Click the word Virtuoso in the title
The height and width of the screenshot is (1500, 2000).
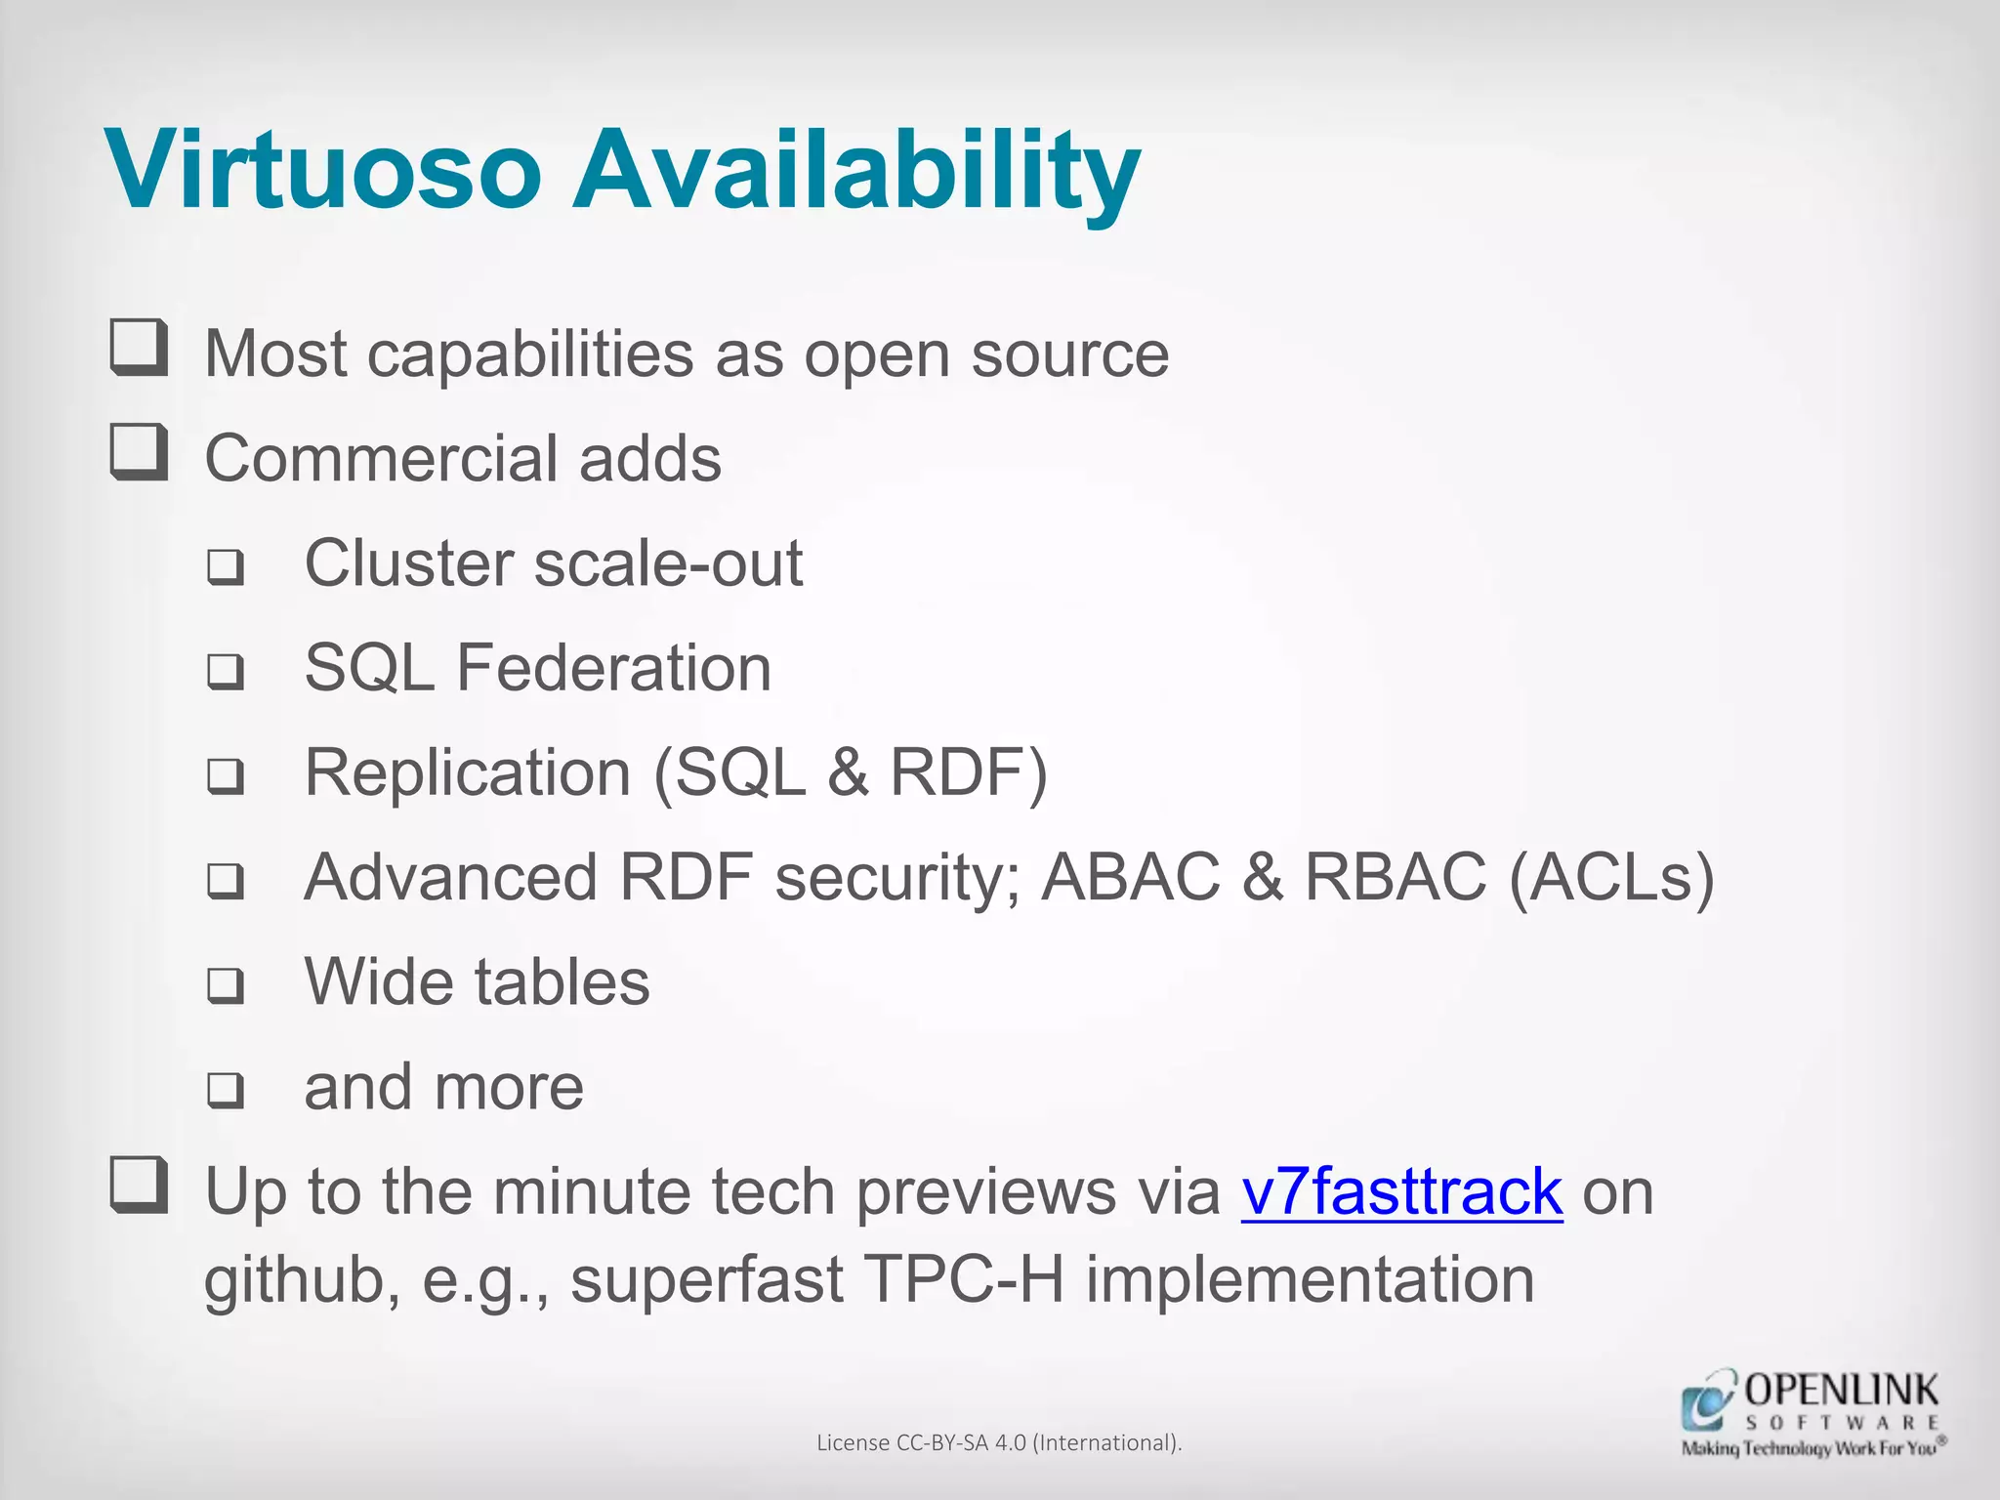322,170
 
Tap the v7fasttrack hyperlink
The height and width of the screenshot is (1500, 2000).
1401,1192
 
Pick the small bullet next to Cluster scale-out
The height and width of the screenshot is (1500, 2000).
226,566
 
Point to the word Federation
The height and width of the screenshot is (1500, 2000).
613,669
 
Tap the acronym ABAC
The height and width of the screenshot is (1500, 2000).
1131,877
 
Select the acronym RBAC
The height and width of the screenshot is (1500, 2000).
1395,877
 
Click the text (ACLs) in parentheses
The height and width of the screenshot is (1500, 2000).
1611,877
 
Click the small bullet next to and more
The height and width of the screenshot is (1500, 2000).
226,1090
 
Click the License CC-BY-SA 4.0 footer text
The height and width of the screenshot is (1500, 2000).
999,1442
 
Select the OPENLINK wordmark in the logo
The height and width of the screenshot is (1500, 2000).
1841,1390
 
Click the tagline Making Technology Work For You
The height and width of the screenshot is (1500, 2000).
1809,1448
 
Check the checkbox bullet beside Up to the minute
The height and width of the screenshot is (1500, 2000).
139,1186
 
